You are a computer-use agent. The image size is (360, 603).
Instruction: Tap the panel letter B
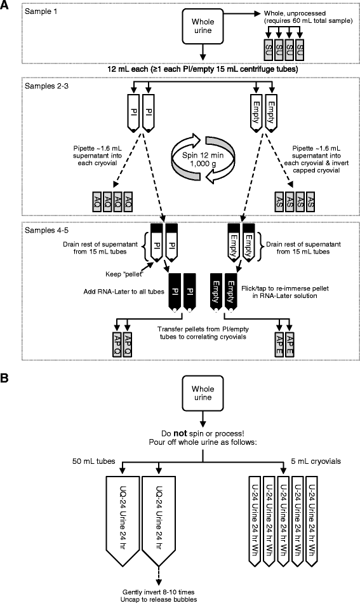point(6,377)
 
